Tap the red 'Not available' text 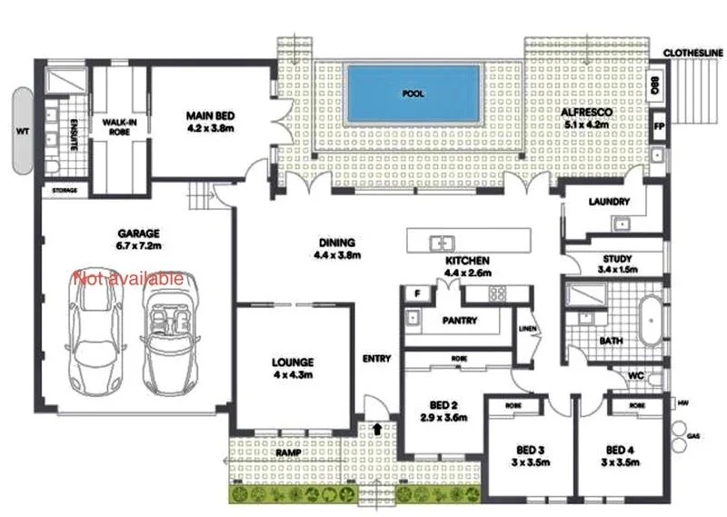pyautogui.click(x=129, y=278)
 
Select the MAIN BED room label pyautogui.click(x=211, y=116)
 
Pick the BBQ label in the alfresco pyautogui.click(x=656, y=87)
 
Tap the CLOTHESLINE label pyautogui.click(x=693, y=54)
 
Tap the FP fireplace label pyautogui.click(x=658, y=125)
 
